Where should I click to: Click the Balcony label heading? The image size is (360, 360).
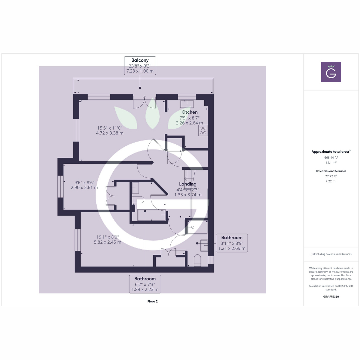tap(140, 60)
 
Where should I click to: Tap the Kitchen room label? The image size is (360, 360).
tap(189, 112)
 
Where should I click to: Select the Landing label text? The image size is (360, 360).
tap(188, 184)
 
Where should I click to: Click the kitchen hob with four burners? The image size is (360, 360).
tap(203, 130)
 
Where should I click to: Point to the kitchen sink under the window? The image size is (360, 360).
tap(187, 104)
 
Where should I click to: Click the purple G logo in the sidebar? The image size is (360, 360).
tap(331, 72)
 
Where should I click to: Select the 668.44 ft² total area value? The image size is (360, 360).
tap(331, 157)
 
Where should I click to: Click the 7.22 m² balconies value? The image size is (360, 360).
tap(331, 181)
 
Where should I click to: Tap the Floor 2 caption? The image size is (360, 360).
tap(152, 301)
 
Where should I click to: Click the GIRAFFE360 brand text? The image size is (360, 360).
tap(331, 297)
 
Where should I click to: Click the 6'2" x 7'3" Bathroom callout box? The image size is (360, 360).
tap(145, 284)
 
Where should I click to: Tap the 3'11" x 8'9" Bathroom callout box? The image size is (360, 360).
tap(232, 243)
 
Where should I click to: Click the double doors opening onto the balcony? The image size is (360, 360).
tap(145, 103)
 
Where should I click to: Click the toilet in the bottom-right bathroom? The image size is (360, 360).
tap(197, 260)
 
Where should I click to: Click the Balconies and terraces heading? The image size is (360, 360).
tap(331, 171)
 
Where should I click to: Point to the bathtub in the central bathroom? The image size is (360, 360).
tap(151, 215)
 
